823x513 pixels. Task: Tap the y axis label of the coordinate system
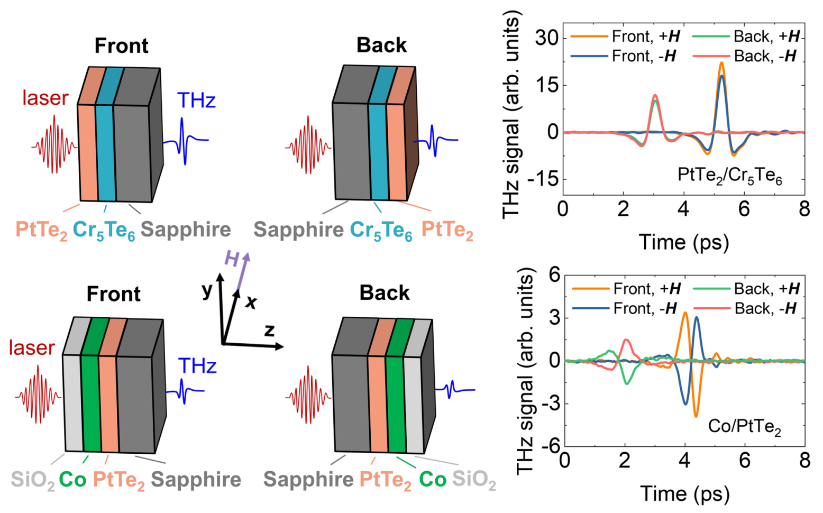click(x=207, y=290)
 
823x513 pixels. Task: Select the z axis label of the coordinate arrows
click(x=269, y=331)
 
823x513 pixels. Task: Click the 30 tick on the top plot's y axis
click(x=546, y=37)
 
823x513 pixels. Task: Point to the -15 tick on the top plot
click(x=542, y=179)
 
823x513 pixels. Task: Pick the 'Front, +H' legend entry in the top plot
click(x=625, y=36)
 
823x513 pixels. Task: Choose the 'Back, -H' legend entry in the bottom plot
click(x=745, y=308)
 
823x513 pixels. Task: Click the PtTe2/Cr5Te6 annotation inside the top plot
click(x=730, y=176)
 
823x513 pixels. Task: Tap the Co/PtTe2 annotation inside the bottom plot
click(x=744, y=427)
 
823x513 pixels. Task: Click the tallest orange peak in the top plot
click(x=722, y=63)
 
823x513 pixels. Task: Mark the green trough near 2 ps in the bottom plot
click(x=627, y=383)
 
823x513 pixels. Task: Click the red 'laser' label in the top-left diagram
click(x=45, y=98)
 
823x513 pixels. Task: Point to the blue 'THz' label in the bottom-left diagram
click(x=197, y=366)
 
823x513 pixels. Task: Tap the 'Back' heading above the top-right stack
click(x=381, y=45)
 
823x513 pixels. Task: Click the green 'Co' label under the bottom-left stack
click(x=73, y=479)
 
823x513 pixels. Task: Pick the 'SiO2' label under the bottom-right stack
click(x=474, y=480)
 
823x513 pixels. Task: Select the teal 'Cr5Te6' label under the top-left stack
click(x=104, y=231)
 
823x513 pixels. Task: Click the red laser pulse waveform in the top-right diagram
click(x=308, y=145)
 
